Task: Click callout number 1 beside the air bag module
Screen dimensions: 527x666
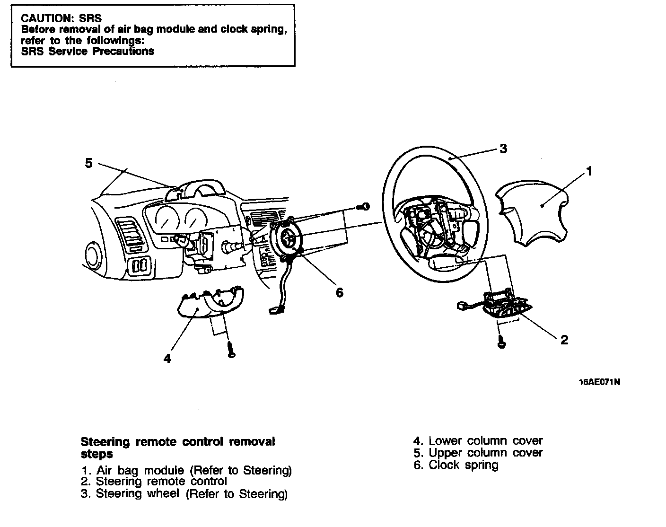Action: click(x=589, y=171)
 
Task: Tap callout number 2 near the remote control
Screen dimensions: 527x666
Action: click(x=564, y=340)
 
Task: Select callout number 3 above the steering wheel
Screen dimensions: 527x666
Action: click(x=503, y=149)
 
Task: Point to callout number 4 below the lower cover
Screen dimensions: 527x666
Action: click(x=167, y=359)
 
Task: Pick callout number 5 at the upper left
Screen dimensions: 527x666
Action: click(x=89, y=163)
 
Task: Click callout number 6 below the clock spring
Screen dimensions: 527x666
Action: click(x=339, y=293)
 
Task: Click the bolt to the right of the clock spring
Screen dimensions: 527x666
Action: click(x=364, y=206)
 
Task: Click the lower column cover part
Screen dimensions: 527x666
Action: click(x=208, y=305)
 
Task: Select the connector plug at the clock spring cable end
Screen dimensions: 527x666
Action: click(x=275, y=310)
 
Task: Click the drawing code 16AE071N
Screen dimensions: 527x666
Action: click(x=599, y=382)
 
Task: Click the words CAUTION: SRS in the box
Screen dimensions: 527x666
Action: click(x=61, y=18)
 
